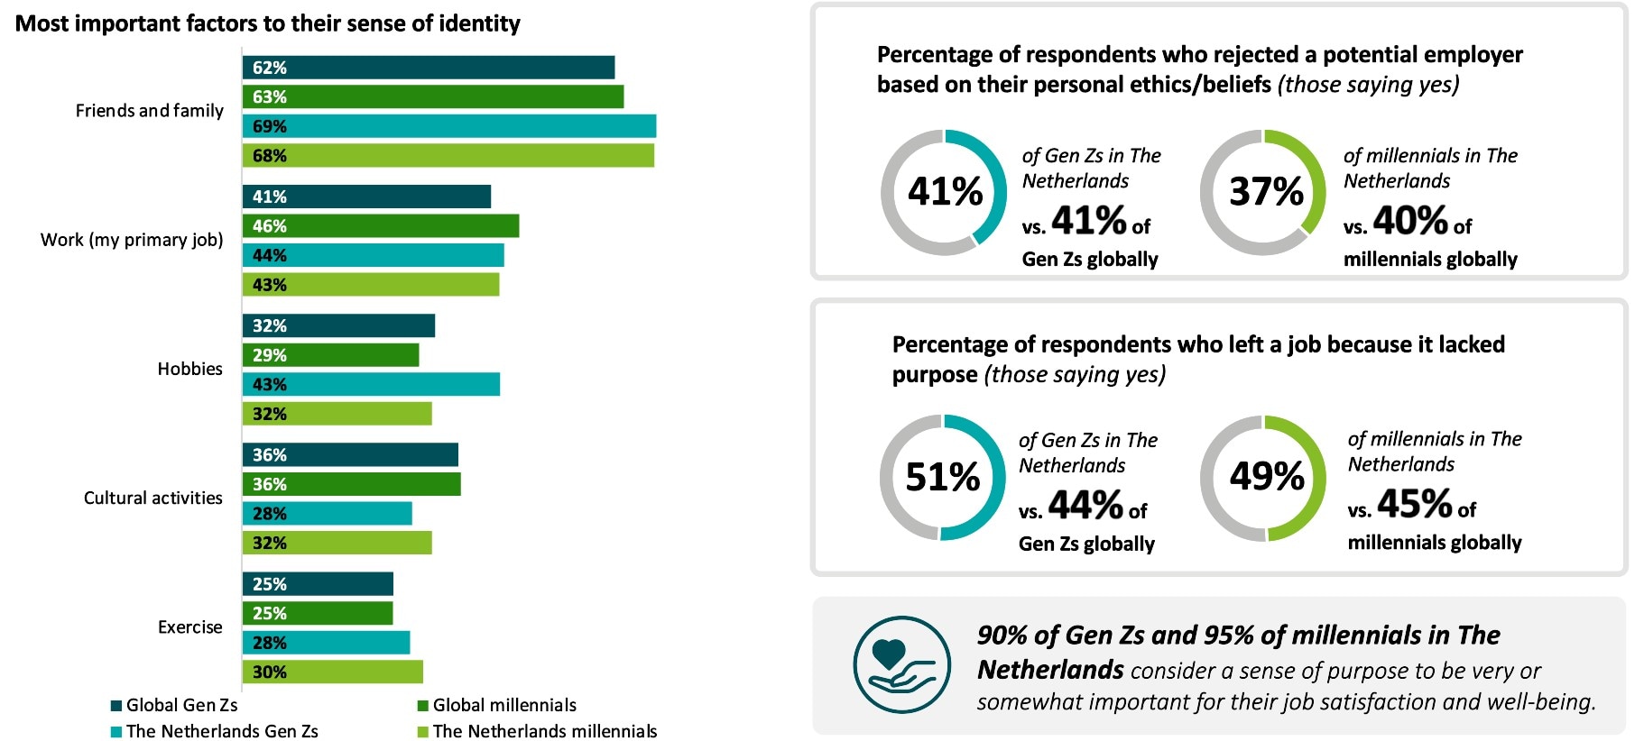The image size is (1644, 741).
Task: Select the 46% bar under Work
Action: [x=380, y=226]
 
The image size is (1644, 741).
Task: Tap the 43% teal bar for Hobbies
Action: [x=371, y=384]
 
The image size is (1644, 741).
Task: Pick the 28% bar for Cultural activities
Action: [x=327, y=514]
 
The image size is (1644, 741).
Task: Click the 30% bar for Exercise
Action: [x=332, y=672]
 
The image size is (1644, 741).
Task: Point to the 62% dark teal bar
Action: [x=428, y=68]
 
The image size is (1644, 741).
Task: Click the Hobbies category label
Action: [x=189, y=369]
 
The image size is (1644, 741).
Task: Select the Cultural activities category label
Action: [x=152, y=498]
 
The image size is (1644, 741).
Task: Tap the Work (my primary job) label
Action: [x=132, y=240]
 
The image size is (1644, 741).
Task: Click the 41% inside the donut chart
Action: [x=945, y=191]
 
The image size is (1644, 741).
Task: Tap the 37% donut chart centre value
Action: [x=1266, y=191]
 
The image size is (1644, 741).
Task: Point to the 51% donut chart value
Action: [x=943, y=477]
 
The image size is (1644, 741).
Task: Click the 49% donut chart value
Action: [x=1266, y=477]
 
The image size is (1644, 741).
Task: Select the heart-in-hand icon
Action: [x=901, y=665]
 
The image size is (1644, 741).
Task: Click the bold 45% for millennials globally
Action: [x=1414, y=504]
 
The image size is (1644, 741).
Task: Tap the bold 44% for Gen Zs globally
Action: [x=1085, y=506]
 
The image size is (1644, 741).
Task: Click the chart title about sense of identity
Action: [x=268, y=23]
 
